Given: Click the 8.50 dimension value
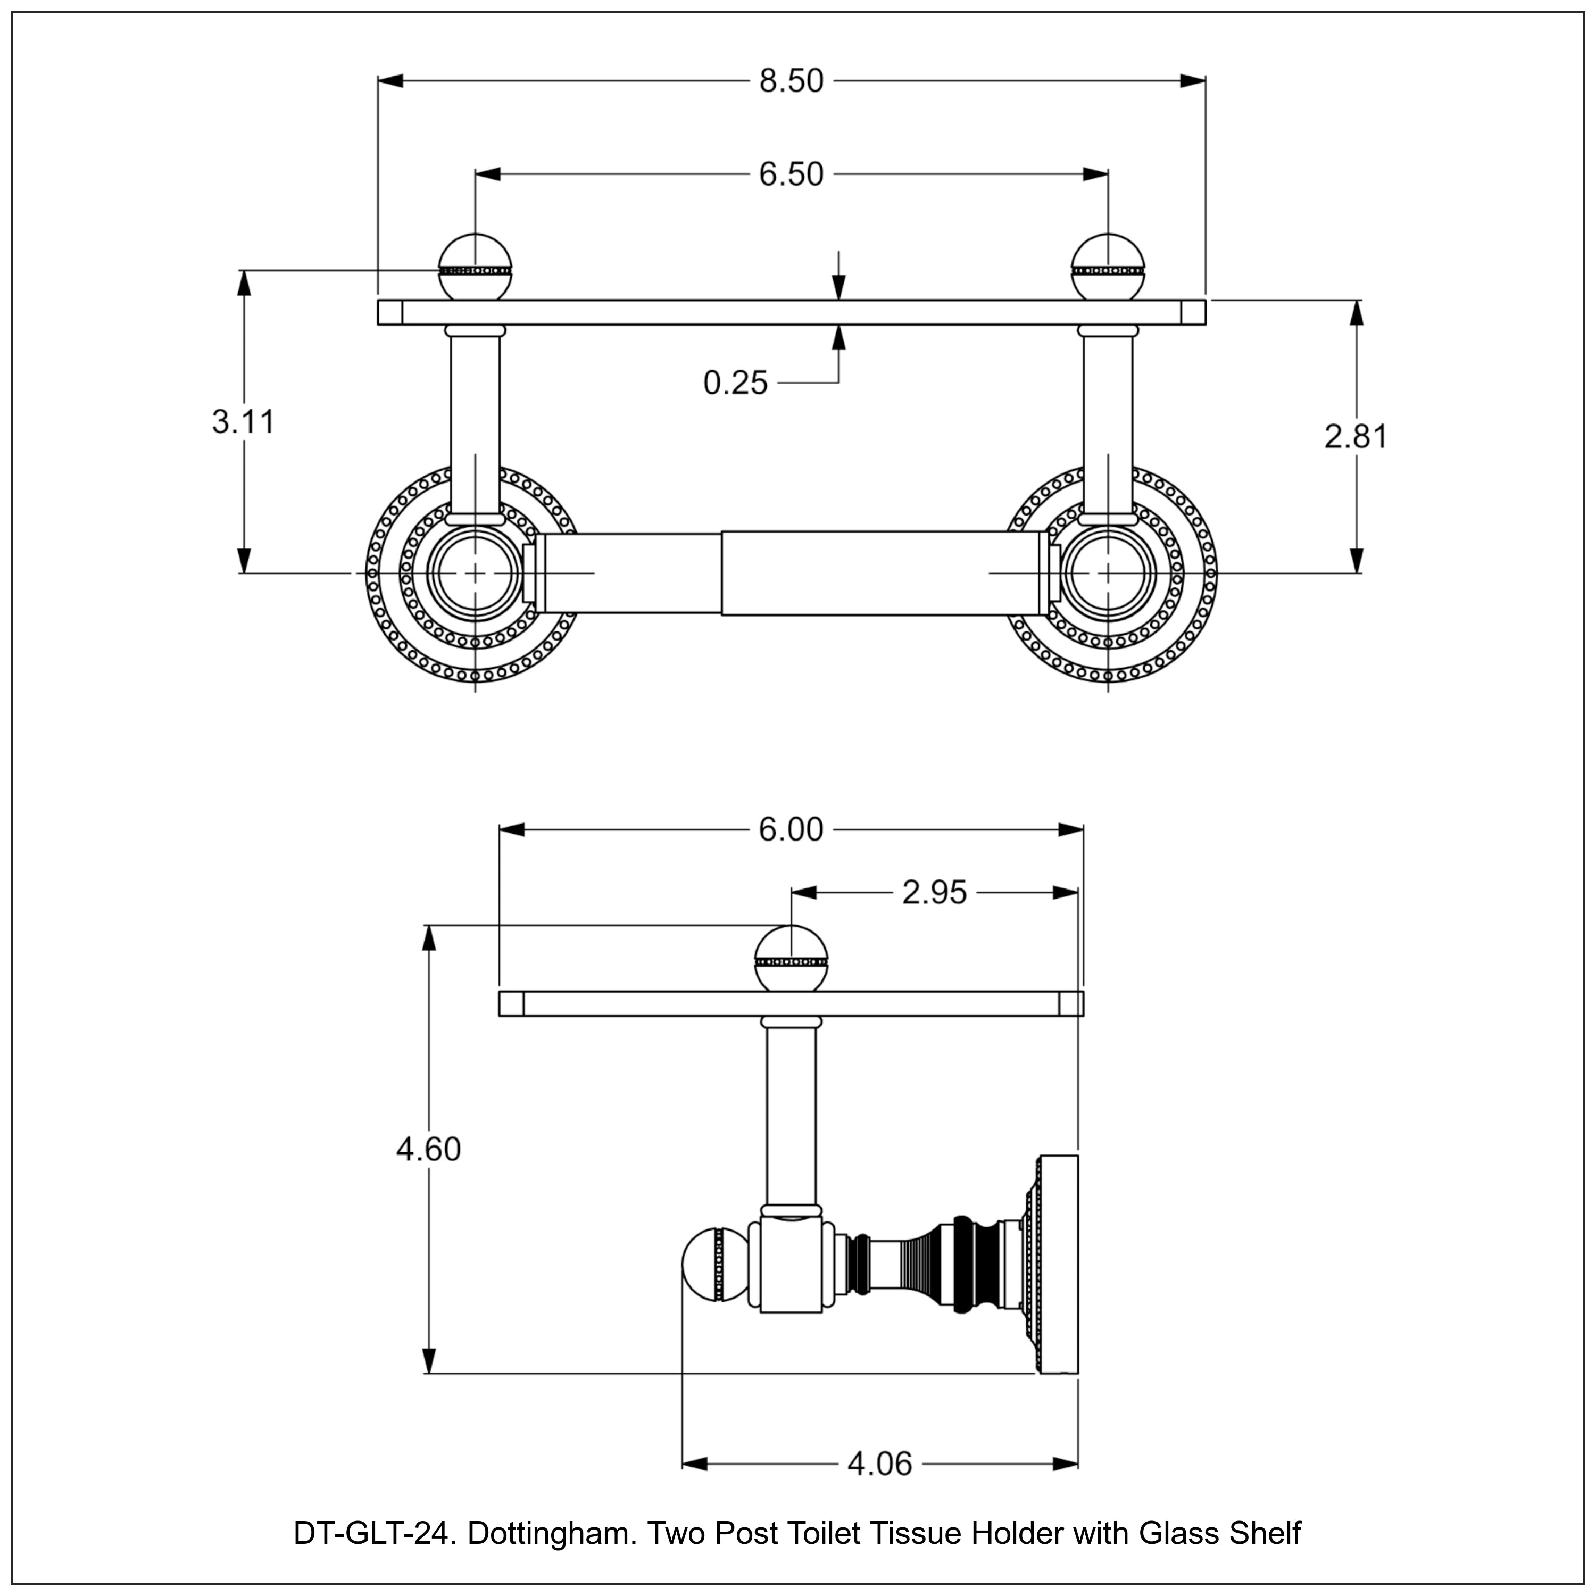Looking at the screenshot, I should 792,81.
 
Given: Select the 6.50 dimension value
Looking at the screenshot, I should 792,174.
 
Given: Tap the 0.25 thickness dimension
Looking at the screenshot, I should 735,383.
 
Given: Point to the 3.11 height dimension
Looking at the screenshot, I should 243,421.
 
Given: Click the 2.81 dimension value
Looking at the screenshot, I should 1356,436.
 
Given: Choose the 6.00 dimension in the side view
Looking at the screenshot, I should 792,829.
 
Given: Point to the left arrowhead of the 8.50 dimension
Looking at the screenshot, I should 390,81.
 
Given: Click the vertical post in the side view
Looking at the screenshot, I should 792,1115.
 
